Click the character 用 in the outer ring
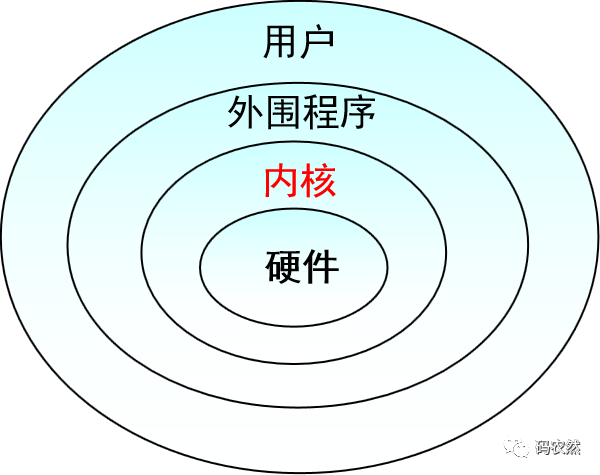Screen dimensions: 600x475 [281, 43]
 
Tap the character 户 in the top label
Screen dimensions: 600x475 [317, 43]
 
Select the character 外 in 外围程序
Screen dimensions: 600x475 [245, 113]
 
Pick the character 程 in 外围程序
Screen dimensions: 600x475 [319, 113]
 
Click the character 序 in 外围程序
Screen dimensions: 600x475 [356, 113]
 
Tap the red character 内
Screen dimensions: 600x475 [281, 182]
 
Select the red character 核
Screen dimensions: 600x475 [318, 182]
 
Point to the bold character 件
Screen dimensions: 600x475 [321, 266]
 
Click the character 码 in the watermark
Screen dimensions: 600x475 [544, 446]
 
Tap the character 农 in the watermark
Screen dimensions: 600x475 [562, 446]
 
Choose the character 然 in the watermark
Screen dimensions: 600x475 [581, 446]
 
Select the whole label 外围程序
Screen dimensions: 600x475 [300, 113]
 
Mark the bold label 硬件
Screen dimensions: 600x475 [302, 266]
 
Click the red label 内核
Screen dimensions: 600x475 [299, 182]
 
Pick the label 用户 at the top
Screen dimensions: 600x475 [299, 43]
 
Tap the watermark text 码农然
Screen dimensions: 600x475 [562, 446]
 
